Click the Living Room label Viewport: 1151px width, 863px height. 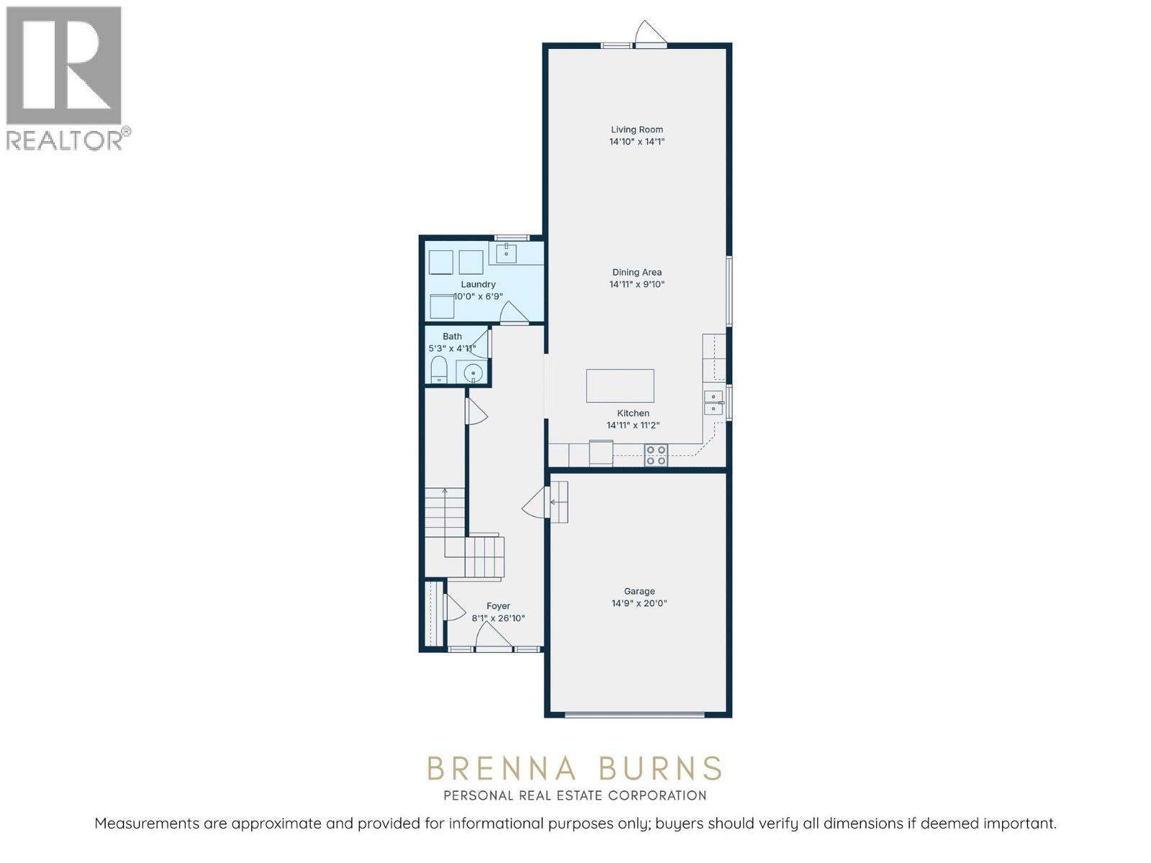pos(637,130)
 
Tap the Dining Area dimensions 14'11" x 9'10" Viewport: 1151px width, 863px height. pos(637,284)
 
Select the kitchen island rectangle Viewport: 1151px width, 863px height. pos(620,385)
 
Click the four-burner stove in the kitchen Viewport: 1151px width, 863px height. pos(655,455)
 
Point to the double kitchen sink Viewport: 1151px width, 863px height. pos(713,403)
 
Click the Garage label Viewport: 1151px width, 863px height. pos(639,591)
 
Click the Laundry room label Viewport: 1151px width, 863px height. pos(478,284)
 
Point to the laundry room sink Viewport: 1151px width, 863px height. pos(506,253)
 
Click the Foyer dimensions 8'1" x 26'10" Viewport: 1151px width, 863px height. pos(498,618)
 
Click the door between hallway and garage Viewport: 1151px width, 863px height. pos(534,501)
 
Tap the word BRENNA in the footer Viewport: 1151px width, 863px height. pos(501,769)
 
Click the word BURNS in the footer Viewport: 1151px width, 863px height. pos(660,769)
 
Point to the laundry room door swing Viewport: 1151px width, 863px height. pos(514,313)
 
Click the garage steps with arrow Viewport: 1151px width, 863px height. pos(559,501)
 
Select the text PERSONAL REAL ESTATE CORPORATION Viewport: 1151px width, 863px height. pos(575,795)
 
